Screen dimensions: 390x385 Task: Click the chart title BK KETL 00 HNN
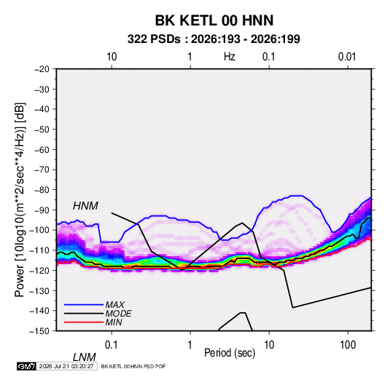click(x=214, y=20)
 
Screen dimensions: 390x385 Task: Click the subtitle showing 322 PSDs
click(x=214, y=39)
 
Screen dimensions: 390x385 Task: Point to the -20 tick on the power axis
click(x=42, y=69)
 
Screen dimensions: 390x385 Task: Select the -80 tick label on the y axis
click(x=42, y=190)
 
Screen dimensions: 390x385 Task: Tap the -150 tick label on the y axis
click(x=39, y=331)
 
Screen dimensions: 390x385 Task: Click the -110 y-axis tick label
click(x=39, y=250)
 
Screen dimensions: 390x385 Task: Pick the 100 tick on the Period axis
click(x=348, y=345)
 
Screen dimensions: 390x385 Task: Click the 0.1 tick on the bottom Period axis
click(x=112, y=345)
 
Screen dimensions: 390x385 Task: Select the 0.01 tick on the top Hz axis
click(x=347, y=57)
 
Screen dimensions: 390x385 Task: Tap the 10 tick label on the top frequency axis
click(x=112, y=57)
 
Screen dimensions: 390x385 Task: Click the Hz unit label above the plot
click(x=230, y=57)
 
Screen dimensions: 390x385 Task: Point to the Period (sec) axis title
click(x=230, y=353)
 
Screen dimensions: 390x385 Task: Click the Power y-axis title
click(x=20, y=200)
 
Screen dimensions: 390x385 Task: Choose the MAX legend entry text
click(x=114, y=304)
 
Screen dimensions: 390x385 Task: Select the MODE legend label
click(x=118, y=314)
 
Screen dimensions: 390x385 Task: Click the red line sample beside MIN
click(x=84, y=322)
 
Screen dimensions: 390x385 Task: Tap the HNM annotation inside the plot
click(x=85, y=206)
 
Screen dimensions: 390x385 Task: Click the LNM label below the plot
click(x=85, y=357)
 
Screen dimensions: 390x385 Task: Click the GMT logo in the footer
click(x=26, y=366)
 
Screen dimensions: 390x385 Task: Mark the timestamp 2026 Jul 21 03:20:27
click(x=66, y=366)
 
